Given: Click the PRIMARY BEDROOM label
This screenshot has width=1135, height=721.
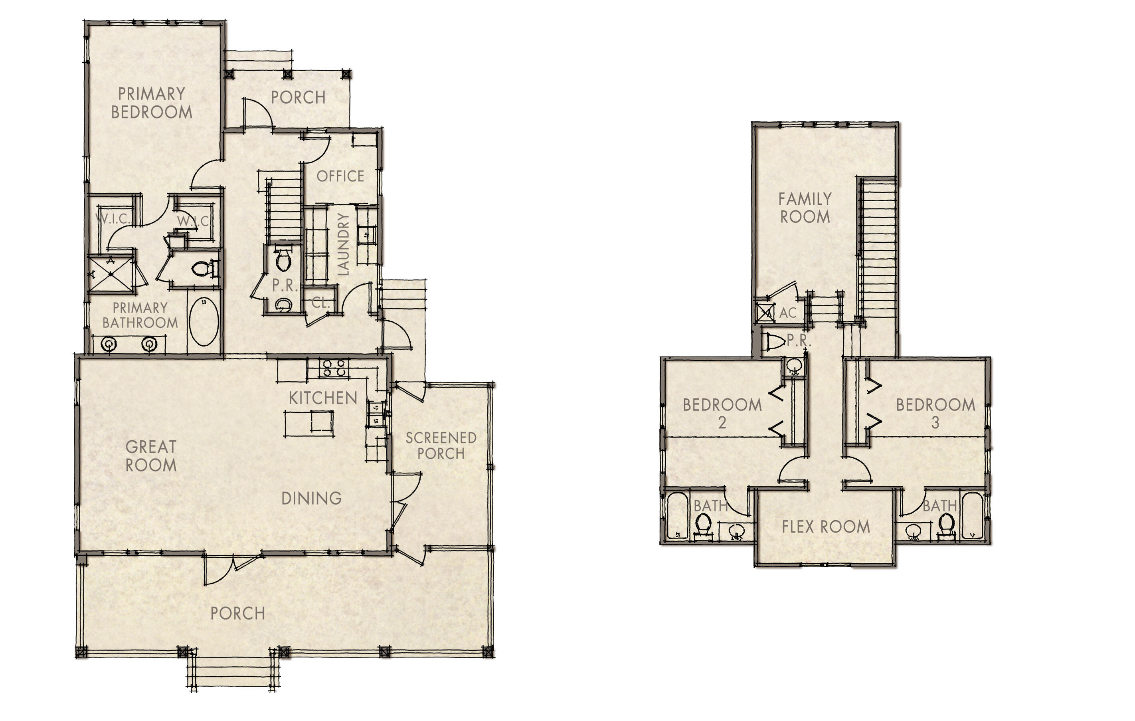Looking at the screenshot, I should point(151,103).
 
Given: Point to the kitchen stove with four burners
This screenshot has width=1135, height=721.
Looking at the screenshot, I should point(334,367).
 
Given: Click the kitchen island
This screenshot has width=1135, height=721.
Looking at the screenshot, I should point(309,423).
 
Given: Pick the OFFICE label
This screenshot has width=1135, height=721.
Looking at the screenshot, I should point(340,176).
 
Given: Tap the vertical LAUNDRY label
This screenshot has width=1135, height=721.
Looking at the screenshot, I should point(344,244).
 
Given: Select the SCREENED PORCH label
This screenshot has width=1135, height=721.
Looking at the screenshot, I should point(441,446).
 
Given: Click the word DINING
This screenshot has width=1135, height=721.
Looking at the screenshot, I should point(312,498).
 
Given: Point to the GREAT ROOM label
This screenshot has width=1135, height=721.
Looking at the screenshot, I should point(151,456).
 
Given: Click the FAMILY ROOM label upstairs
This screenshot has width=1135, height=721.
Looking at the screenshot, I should point(805,208).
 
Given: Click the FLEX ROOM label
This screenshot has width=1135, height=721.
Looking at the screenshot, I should point(825,527).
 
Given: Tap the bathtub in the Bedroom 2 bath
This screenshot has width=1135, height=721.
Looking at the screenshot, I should point(677,516).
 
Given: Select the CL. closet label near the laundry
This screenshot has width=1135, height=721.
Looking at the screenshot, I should point(320,303).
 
